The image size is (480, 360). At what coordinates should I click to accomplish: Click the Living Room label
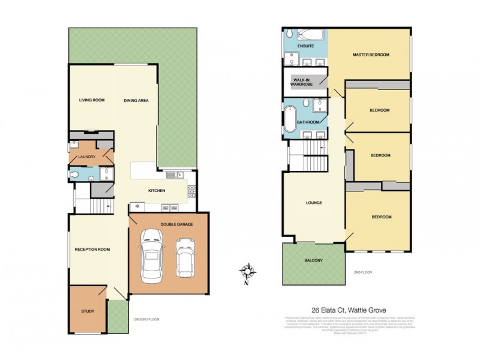[92, 100]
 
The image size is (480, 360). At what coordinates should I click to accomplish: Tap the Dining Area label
[136, 100]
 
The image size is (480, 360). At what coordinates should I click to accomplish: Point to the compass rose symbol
[251, 271]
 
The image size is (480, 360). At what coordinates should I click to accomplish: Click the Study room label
[88, 311]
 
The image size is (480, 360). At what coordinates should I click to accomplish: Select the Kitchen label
[157, 191]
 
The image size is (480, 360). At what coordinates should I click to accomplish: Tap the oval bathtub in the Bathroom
[292, 118]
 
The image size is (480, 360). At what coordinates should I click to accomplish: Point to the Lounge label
[314, 203]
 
